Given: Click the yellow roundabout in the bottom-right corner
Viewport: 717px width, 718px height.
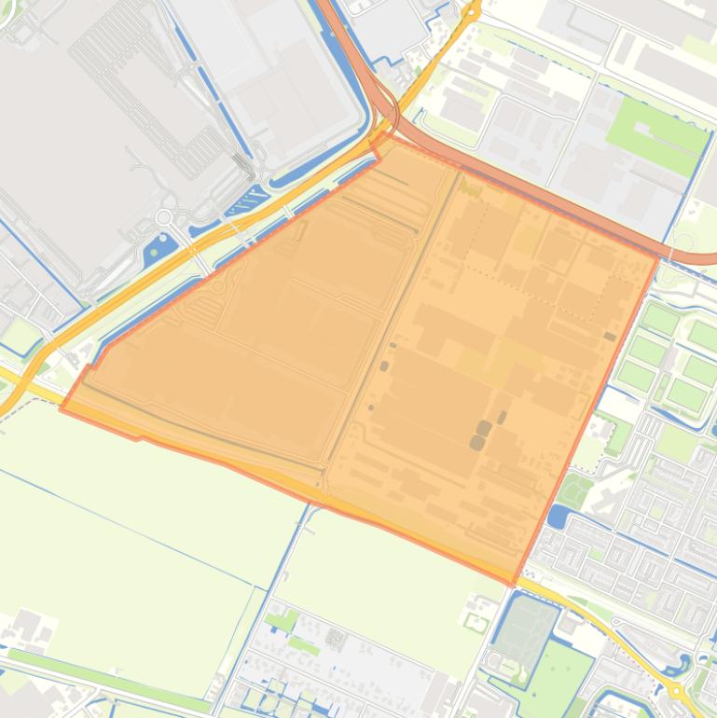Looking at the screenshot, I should [674, 691].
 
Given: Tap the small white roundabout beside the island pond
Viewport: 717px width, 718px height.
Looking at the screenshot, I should [163, 217].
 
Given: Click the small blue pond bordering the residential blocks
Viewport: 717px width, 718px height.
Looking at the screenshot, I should [558, 516].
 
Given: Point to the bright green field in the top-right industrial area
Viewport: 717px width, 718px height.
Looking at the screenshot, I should [656, 135].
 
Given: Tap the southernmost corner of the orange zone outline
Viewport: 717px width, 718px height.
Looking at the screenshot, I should [512, 585].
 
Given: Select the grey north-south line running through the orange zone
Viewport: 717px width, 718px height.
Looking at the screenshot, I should [392, 317].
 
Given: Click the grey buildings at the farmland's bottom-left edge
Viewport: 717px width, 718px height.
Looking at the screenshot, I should [28, 627].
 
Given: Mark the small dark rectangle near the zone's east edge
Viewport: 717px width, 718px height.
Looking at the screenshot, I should [609, 337].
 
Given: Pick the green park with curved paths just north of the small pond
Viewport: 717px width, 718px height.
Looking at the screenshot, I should [576, 489].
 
